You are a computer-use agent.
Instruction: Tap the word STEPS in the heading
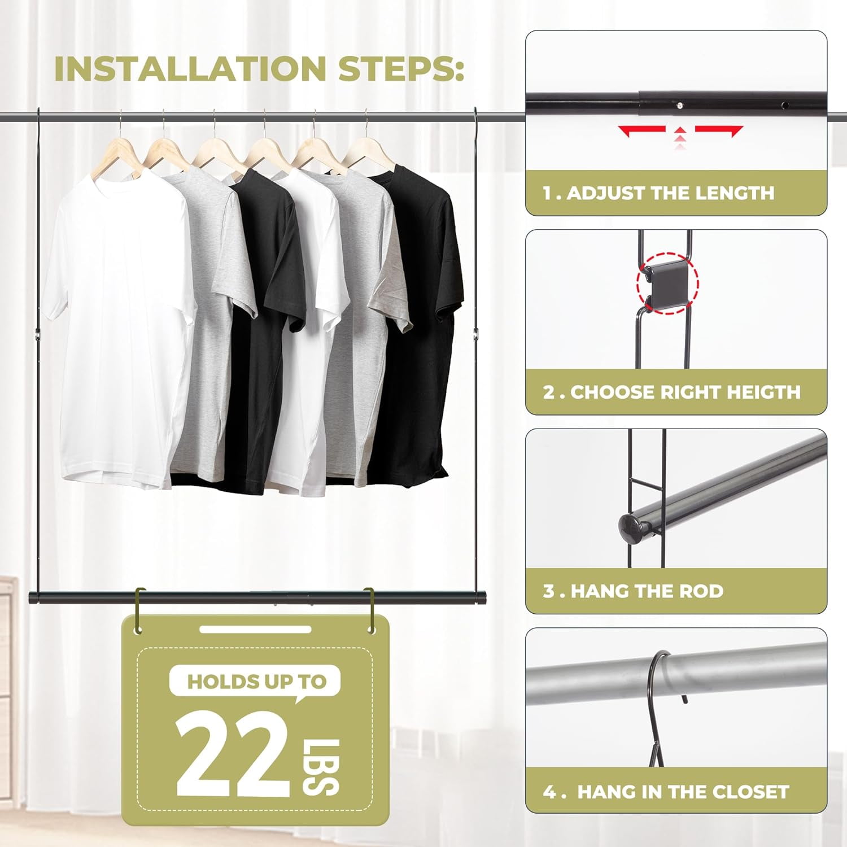401,69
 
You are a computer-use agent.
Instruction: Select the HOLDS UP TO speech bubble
256,682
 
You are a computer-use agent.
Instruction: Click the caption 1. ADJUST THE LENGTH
658,193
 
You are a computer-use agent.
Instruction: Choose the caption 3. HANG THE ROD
633,591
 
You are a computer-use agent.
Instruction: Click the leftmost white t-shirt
119,328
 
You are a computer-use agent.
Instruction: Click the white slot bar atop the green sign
255,629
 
